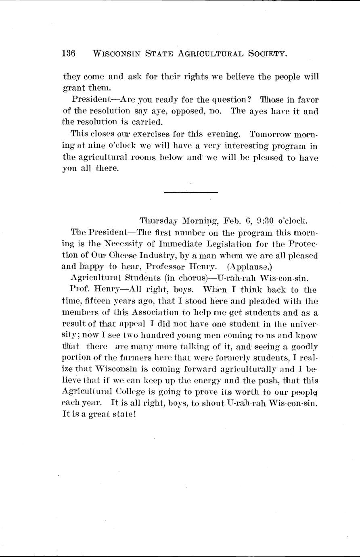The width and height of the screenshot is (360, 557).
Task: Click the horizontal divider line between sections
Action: pyautogui.click(x=191, y=193)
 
